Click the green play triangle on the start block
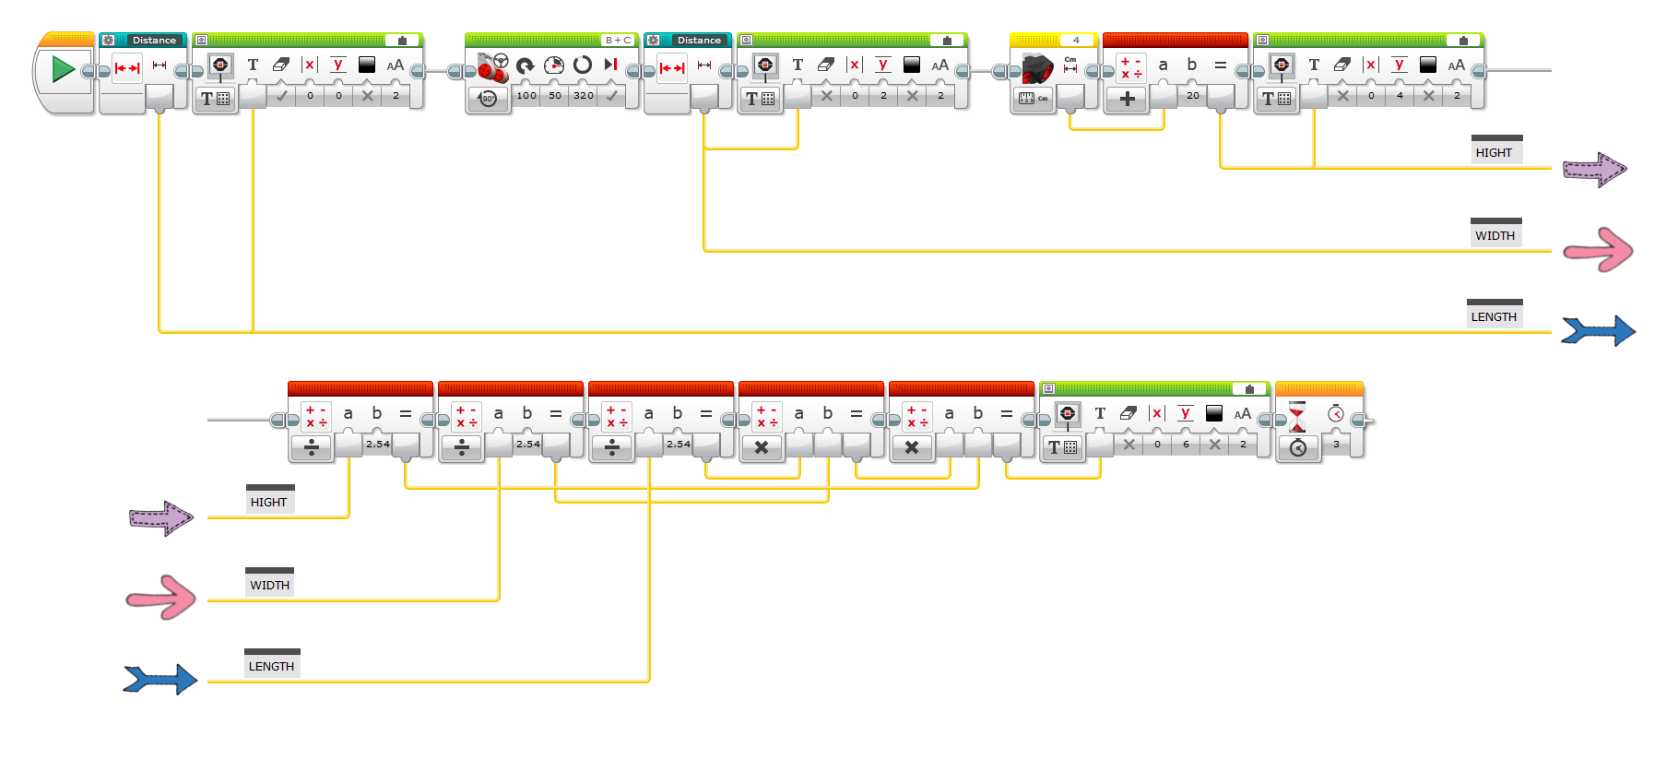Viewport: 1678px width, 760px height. coord(63,69)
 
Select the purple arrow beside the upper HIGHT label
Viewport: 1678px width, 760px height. coord(1594,170)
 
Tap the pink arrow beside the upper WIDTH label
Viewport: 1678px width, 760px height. coord(1599,250)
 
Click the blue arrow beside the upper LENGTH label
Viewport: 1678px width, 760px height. coord(1598,330)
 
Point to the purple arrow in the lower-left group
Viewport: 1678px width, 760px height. coord(161,518)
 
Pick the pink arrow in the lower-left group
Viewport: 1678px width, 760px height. coord(161,598)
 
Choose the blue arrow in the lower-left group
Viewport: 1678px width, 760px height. coord(160,680)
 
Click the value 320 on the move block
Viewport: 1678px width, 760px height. coord(584,96)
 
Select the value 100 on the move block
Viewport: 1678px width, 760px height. coord(526,96)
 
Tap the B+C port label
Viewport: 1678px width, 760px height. coord(618,41)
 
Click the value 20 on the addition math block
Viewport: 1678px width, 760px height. coord(1193,96)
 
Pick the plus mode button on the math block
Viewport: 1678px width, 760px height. coord(1127,99)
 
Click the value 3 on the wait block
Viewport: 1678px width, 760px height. coord(1336,445)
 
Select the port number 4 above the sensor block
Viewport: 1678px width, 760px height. coord(1076,41)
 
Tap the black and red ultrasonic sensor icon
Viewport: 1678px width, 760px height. coord(1037,66)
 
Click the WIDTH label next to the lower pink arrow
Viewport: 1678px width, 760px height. coord(269,585)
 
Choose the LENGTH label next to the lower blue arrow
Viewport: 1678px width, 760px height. coord(271,666)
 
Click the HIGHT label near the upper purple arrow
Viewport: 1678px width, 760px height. coord(1494,153)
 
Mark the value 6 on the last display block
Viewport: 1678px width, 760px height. coord(1186,445)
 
